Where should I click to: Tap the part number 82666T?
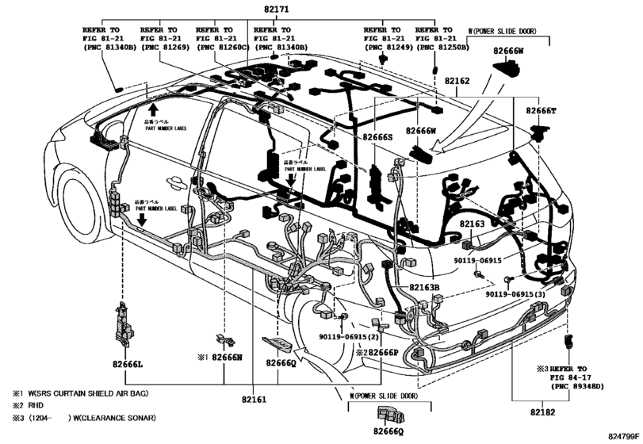click(x=539, y=111)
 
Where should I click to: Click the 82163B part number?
click(x=424, y=286)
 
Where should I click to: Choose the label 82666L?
click(x=126, y=362)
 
